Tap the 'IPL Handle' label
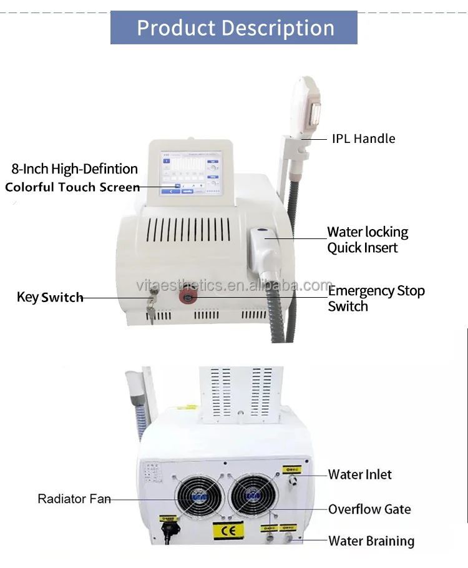(x=363, y=139)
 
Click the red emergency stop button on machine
(x=187, y=296)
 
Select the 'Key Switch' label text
(x=50, y=297)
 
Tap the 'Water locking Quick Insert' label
(x=368, y=240)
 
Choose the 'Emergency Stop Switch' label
(x=376, y=298)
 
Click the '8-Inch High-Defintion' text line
(x=74, y=169)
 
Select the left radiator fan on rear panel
(x=198, y=497)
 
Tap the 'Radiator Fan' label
(x=74, y=499)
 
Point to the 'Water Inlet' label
(x=360, y=474)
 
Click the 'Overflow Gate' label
(x=369, y=509)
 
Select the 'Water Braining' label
(x=371, y=541)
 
